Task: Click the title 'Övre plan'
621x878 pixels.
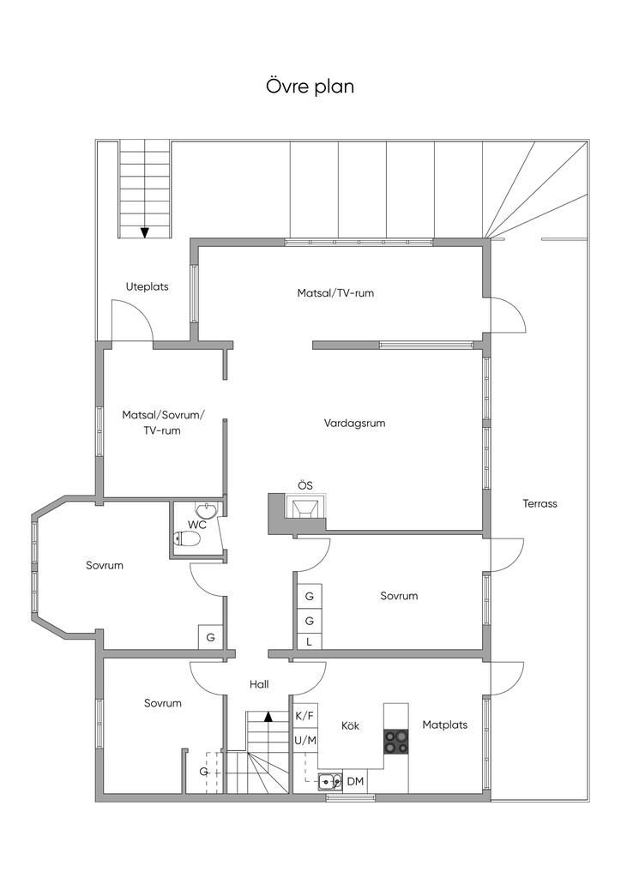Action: pyautogui.click(x=310, y=87)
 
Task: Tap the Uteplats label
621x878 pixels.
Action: pyautogui.click(x=147, y=286)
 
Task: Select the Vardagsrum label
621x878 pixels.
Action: pyautogui.click(x=354, y=424)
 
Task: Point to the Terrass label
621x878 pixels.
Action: pyautogui.click(x=540, y=503)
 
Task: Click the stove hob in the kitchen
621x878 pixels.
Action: pyautogui.click(x=396, y=742)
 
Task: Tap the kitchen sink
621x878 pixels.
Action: pyautogui.click(x=330, y=780)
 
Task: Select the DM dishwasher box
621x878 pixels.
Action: pyautogui.click(x=355, y=781)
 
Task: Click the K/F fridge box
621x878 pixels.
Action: pyautogui.click(x=305, y=716)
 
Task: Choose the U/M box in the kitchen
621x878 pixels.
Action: pyautogui.click(x=305, y=740)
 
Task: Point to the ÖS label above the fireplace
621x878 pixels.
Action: pyautogui.click(x=305, y=485)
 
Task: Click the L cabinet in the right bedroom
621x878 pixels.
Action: pyautogui.click(x=309, y=642)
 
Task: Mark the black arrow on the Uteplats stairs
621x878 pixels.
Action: pyautogui.click(x=144, y=232)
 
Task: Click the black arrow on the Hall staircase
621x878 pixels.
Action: pyautogui.click(x=268, y=716)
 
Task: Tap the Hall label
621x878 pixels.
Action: pyautogui.click(x=259, y=684)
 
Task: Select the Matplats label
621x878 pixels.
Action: pyautogui.click(x=444, y=725)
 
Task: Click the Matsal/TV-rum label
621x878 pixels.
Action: pyautogui.click(x=335, y=293)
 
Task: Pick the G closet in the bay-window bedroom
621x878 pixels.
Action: pyautogui.click(x=211, y=637)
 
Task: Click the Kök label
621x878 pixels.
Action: pyautogui.click(x=350, y=725)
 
